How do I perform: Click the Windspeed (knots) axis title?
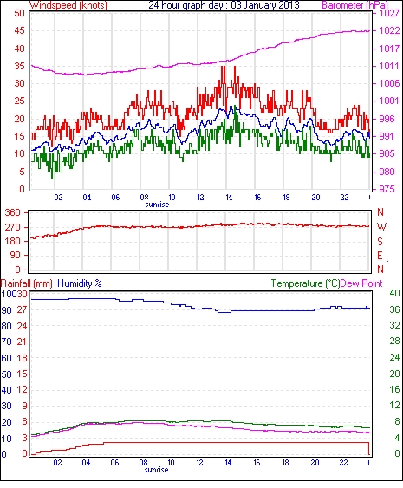(x=68, y=5)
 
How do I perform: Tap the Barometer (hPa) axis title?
(x=355, y=5)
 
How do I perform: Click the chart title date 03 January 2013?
(x=265, y=5)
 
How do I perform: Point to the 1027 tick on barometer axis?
(x=389, y=13)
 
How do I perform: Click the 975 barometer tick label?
(x=386, y=189)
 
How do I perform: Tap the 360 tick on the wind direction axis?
(x=13, y=213)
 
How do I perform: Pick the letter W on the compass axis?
(x=381, y=227)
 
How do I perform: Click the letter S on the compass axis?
(x=380, y=241)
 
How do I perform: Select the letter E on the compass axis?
(x=380, y=256)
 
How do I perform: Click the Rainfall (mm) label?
(x=27, y=283)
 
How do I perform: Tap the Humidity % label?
(x=80, y=283)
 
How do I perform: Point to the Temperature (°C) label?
(x=305, y=283)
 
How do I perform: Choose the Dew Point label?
(x=361, y=283)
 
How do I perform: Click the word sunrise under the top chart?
(x=157, y=205)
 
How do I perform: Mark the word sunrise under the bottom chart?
(x=156, y=470)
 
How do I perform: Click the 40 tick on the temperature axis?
(x=394, y=293)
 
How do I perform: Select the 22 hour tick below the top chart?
(x=344, y=198)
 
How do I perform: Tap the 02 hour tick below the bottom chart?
(x=57, y=463)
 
